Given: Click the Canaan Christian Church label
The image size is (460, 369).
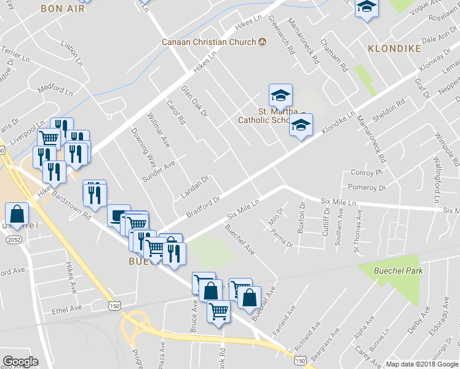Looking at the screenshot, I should coord(208,42).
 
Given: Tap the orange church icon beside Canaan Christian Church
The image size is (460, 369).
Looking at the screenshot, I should coord(262,42).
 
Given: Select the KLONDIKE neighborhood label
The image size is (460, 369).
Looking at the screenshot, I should coord(394,48).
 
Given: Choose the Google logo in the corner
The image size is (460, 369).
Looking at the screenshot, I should coord(20,362).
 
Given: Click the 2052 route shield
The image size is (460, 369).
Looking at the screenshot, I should coord(13,239).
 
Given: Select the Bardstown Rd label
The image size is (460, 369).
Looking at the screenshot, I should coord(71,207).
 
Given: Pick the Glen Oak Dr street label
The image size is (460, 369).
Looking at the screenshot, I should coord(195,102).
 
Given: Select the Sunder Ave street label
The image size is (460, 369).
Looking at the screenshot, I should coord(159,172).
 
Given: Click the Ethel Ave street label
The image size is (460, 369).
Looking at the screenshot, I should coord(66,308).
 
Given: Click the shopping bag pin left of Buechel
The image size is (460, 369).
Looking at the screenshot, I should coord(17,215).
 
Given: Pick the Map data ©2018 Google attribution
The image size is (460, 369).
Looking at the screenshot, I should coord(421,364).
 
